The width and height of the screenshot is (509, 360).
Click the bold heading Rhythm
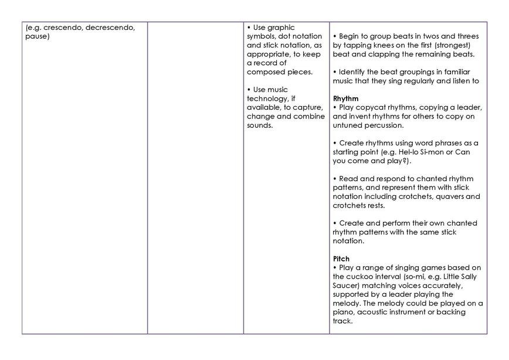tap(345, 99)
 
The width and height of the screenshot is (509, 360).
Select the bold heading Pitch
tap(341, 259)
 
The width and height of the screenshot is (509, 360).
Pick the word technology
tap(267, 99)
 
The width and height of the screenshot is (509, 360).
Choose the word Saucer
tap(346, 286)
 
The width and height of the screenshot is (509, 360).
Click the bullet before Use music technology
tap(249, 90)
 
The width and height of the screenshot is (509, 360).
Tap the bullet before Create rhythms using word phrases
tap(334, 143)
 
